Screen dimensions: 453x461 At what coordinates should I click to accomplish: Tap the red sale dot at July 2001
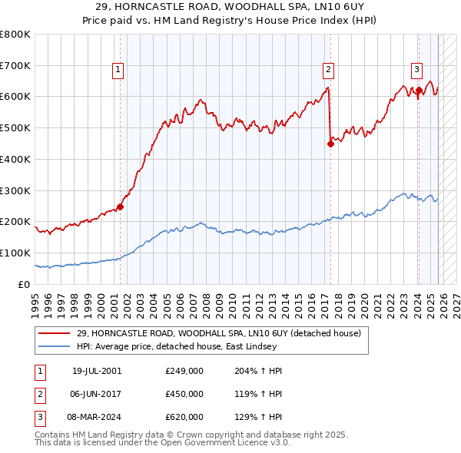121,206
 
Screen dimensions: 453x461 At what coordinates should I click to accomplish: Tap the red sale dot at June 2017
330,143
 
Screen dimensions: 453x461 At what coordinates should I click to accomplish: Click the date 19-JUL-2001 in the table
97,371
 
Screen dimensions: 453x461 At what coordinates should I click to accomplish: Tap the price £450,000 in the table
184,394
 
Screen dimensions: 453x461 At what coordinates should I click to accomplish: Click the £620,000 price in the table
184,417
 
